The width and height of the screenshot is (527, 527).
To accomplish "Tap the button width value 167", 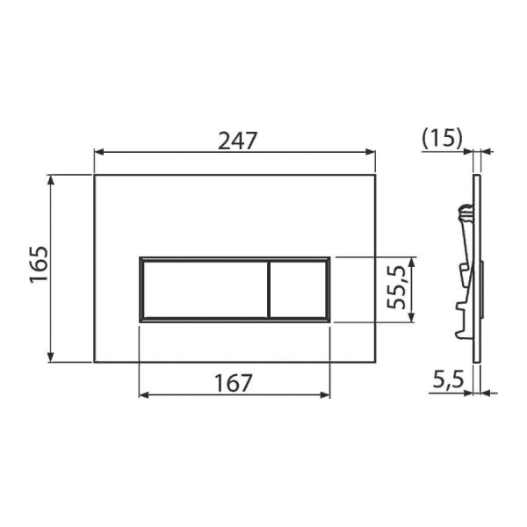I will click(234, 383).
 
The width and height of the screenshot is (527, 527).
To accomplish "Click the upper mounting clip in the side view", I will click(463, 213).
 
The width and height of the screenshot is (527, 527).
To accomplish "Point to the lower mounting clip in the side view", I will click(461, 316).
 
